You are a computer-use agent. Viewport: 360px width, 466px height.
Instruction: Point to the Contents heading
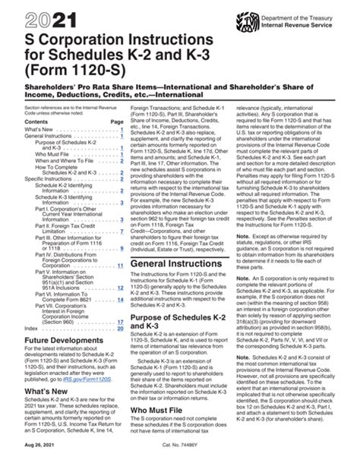click(x=26, y=121)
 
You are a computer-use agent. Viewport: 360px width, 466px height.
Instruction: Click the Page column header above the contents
click(x=116, y=121)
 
